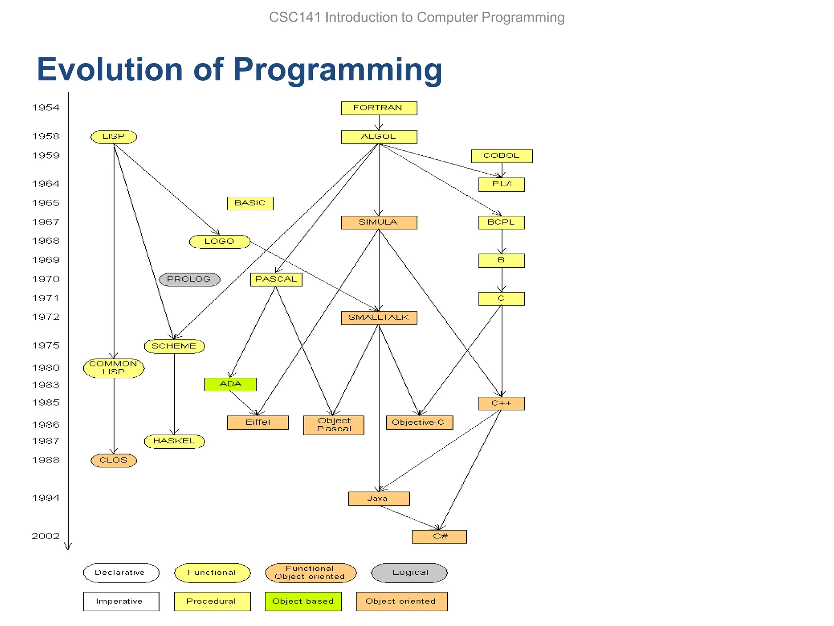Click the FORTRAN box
(379, 108)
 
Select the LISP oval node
(114, 137)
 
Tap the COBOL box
(501, 156)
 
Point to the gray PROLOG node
(189, 279)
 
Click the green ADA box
(230, 384)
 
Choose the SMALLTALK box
(379, 317)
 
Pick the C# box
(439, 536)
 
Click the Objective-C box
(419, 422)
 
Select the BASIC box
(250, 203)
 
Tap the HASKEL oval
(174, 441)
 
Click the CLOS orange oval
(114, 460)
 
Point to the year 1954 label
(46, 108)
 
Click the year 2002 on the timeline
(46, 536)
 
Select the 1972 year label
(46, 317)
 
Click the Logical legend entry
(409, 573)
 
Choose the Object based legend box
(303, 601)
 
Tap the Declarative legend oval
(121, 573)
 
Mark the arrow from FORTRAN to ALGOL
(379, 122)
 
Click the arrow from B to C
(502, 280)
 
